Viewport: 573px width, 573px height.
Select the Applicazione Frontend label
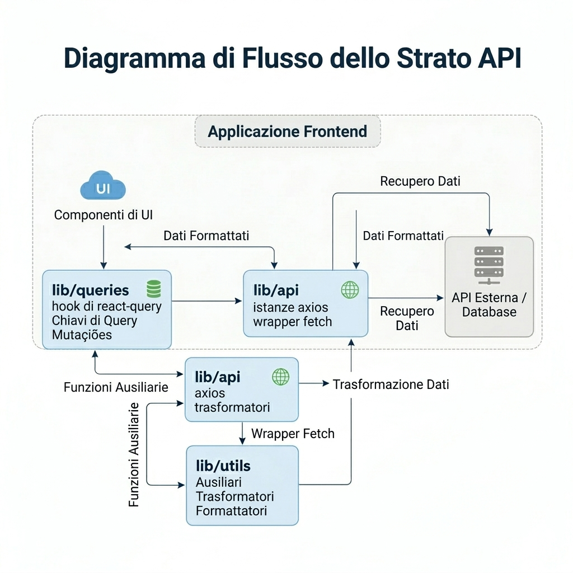(288, 131)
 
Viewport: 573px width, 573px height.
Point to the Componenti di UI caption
(103, 215)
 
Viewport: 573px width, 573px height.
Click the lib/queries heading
(91, 290)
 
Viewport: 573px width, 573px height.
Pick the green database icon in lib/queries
(153, 289)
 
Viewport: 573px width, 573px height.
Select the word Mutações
(82, 335)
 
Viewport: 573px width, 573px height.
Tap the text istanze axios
(290, 307)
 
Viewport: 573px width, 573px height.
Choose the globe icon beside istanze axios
(350, 289)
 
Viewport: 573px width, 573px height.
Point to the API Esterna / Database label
(489, 304)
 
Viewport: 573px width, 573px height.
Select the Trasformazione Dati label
(391, 384)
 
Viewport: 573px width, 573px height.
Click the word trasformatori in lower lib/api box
(232, 407)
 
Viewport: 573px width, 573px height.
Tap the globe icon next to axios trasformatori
(280, 377)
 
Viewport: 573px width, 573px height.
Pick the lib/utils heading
(223, 466)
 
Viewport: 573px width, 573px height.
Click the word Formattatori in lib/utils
(231, 510)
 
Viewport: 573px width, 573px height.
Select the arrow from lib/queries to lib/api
(207, 302)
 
